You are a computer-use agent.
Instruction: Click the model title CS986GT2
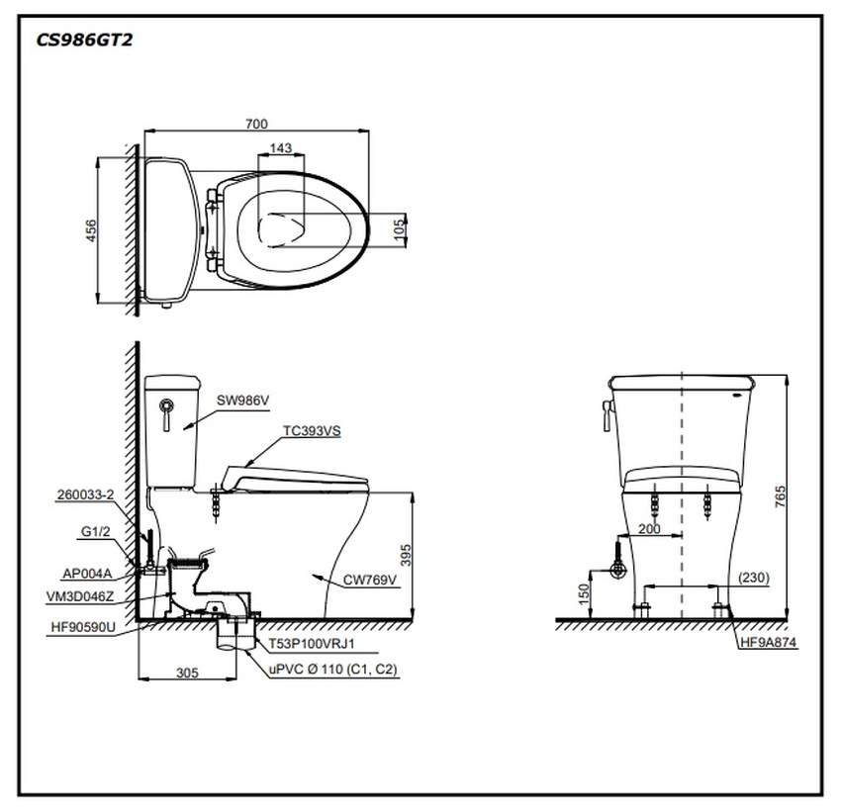point(83,41)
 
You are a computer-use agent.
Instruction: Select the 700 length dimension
point(256,124)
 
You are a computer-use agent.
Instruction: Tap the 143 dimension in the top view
point(280,148)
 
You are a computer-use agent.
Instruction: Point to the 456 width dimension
point(91,230)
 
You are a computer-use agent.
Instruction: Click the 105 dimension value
point(400,229)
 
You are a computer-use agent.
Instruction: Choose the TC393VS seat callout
point(312,431)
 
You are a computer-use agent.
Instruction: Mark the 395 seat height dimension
point(403,555)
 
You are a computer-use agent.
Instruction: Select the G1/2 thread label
point(96,532)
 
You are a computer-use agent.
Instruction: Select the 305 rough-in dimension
point(186,673)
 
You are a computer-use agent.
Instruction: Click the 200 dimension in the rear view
point(648,529)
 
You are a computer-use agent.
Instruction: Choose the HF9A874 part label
point(768,643)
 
